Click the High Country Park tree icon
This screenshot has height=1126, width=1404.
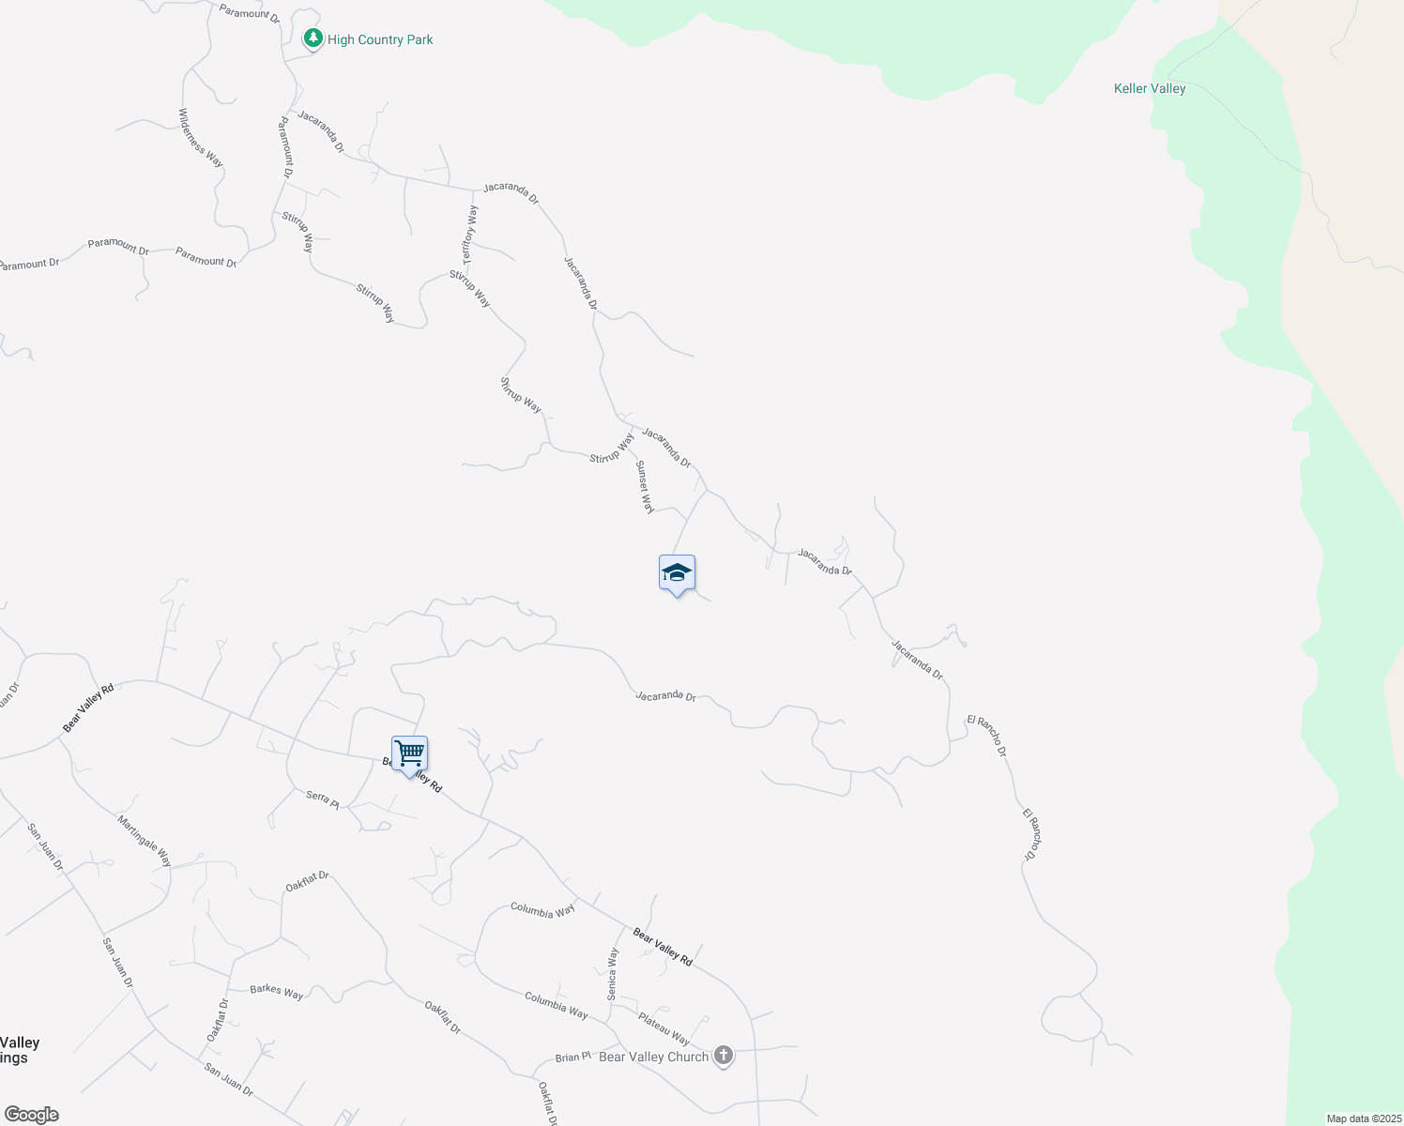[x=313, y=38]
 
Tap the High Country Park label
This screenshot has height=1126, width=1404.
[x=380, y=39]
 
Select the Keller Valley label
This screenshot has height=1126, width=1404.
[x=1150, y=88]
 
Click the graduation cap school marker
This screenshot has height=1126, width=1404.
[x=677, y=573]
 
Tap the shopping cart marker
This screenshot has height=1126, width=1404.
[x=410, y=753]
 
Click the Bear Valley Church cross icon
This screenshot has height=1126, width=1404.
[x=723, y=1056]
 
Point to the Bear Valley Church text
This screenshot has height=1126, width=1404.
[x=653, y=1057]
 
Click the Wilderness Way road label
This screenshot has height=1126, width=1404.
[x=201, y=138]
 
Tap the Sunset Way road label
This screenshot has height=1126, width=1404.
[x=645, y=487]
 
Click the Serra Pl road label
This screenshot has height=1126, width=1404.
[x=322, y=798]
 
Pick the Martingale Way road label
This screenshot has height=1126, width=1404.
[x=145, y=841]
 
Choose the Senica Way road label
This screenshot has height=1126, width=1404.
[x=613, y=973]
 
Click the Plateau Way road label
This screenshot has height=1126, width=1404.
[x=664, y=1028]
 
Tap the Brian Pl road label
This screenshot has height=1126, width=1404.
[x=572, y=1057]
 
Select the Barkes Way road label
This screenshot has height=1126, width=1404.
[x=277, y=991]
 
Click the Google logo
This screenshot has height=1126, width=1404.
[x=31, y=1115]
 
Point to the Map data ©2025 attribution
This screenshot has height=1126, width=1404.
[x=1363, y=1118]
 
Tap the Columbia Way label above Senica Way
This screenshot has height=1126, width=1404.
[x=542, y=909]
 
